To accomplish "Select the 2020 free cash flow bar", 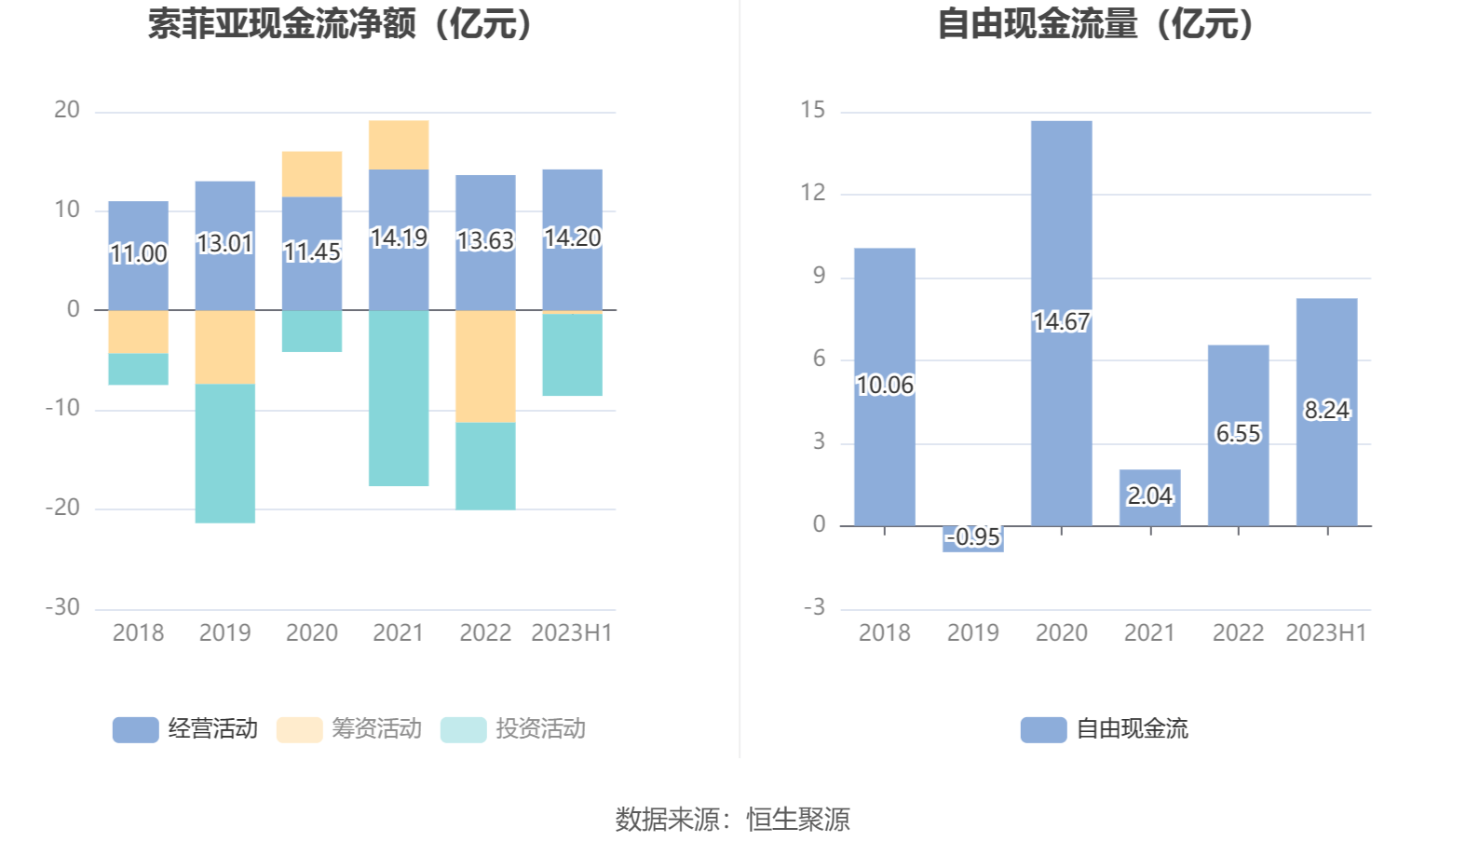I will point(1061,233).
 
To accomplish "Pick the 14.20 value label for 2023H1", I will point(572,238).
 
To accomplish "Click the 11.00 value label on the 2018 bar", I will point(138,253).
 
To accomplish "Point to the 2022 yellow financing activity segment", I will point(485,366).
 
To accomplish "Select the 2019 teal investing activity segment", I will point(224,454).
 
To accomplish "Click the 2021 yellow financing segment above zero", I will point(399,145).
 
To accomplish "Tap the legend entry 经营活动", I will point(186,729).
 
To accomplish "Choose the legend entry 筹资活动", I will point(350,729).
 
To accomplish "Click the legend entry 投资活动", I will point(514,729).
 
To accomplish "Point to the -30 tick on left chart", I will point(63,607).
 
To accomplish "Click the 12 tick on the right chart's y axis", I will point(812,193).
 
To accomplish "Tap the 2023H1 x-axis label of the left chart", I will point(571,633).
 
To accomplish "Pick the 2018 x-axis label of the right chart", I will point(884,633).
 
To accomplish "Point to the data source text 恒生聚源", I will point(798,820).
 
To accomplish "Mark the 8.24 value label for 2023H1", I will point(1326,410).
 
